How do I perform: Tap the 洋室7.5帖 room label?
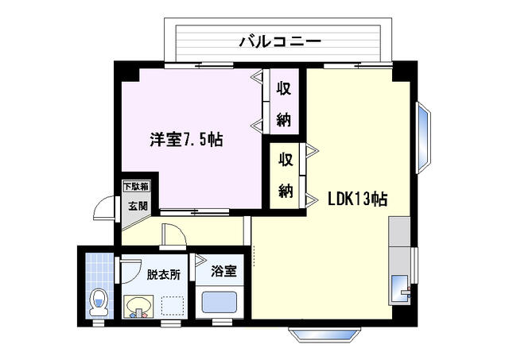coord(187,140)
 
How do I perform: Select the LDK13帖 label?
coord(357,199)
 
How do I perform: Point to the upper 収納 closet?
coord(283,103)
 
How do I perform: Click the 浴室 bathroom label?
coord(223,271)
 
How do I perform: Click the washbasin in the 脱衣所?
coord(140,305)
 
